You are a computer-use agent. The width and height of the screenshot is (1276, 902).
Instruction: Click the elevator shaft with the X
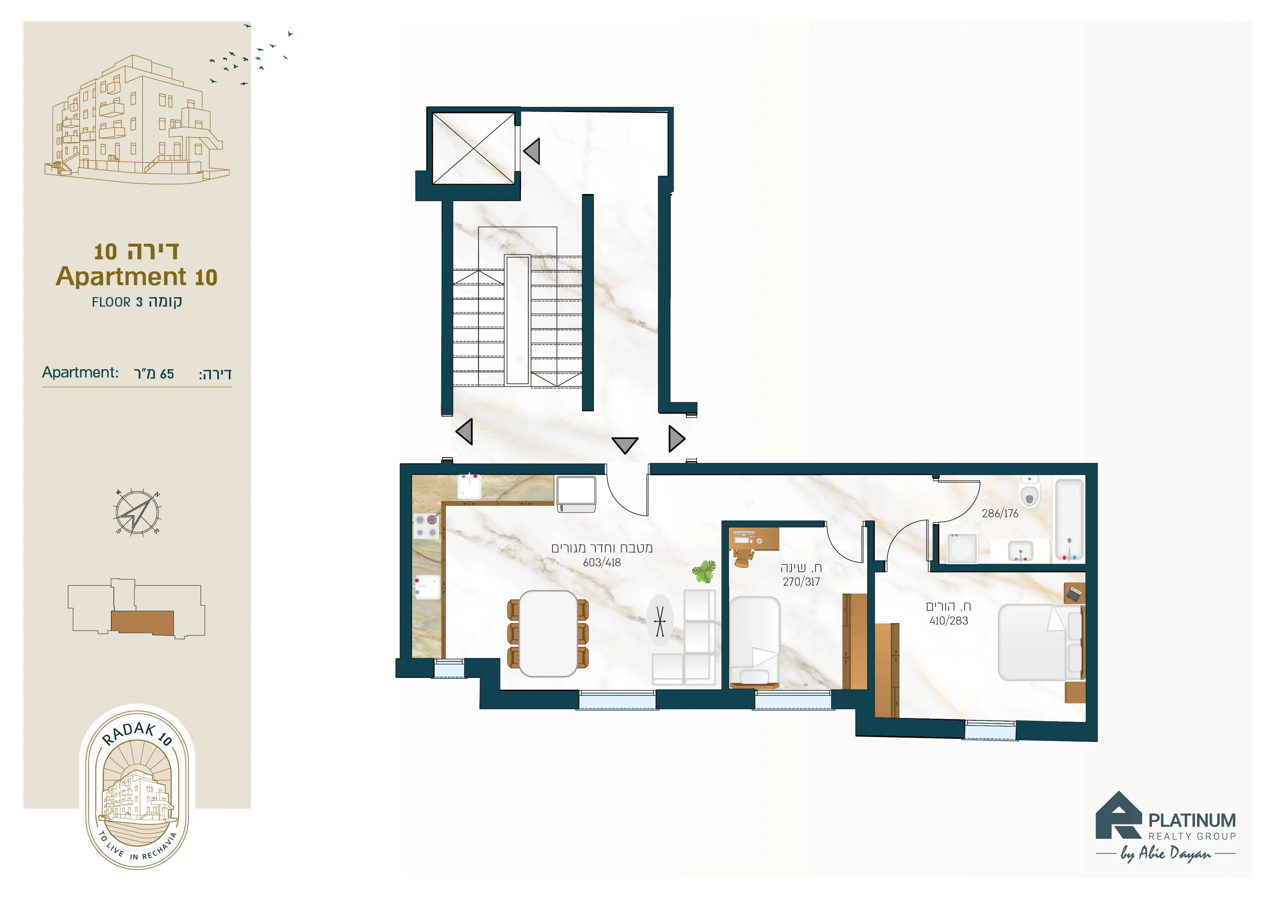pos(474,148)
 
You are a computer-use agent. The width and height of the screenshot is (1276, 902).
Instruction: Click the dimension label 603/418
pos(602,562)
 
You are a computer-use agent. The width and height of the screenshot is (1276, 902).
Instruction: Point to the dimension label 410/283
pos(949,621)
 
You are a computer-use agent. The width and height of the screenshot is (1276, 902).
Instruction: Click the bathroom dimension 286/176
pos(1000,514)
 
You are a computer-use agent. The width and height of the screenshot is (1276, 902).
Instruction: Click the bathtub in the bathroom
pos(1069,520)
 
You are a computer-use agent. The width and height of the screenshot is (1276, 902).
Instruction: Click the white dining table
pos(548,634)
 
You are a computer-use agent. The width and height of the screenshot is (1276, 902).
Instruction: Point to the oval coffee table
pos(660,620)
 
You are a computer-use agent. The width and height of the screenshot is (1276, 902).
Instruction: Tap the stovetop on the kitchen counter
pos(426,526)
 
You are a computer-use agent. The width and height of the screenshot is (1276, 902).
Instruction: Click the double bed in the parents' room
pos(1041,642)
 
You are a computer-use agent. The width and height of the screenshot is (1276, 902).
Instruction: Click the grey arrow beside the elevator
pos(532,151)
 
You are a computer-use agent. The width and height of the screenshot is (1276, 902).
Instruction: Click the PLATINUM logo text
pos(1192,820)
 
